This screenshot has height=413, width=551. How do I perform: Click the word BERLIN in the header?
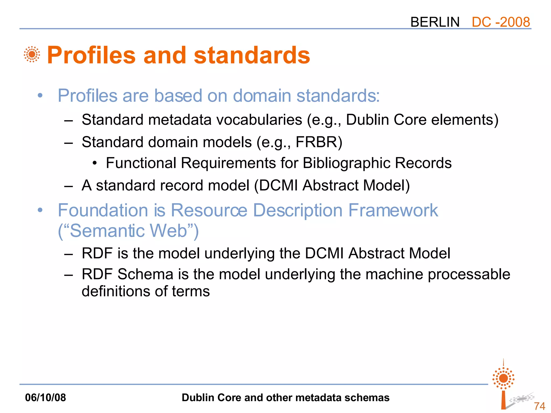[435, 22]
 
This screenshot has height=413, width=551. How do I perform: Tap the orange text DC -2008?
[501, 22]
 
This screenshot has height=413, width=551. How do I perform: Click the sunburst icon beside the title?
[32, 54]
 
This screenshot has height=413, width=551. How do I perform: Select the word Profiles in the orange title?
[91, 55]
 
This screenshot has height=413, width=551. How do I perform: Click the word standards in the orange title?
[252, 55]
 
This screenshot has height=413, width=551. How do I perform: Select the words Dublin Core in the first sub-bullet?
[386, 120]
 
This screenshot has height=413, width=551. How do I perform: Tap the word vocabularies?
[259, 120]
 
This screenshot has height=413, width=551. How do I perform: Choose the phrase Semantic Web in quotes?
[128, 231]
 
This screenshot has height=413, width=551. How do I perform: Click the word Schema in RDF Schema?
[145, 274]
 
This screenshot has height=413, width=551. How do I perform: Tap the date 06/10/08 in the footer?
[45, 397]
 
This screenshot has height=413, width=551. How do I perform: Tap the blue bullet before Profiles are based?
[40, 95]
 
